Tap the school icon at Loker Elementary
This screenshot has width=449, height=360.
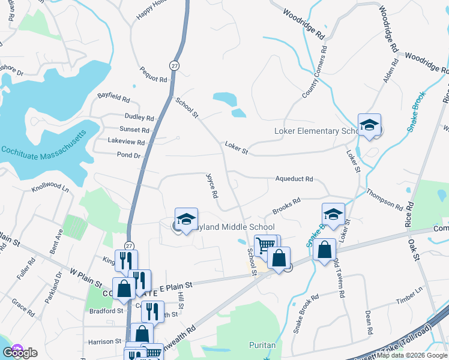point(369,125)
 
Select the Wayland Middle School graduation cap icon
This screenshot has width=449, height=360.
point(186,218)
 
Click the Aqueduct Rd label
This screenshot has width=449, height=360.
point(294,179)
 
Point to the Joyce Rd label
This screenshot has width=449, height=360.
point(211,186)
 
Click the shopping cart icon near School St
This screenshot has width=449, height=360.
point(265,244)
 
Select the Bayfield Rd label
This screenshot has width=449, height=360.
point(113,97)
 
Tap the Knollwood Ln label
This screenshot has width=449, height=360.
point(50,189)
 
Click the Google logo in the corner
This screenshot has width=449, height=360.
point(20,352)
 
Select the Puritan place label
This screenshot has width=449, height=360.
point(262,345)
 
